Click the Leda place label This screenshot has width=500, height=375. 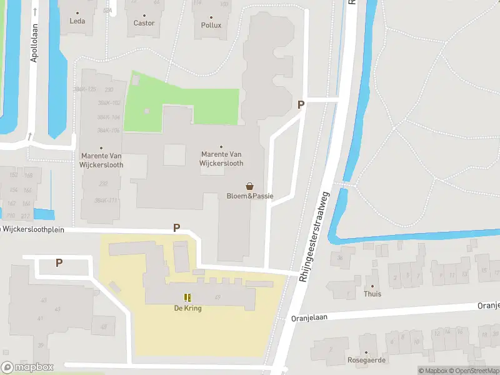coord(77,21)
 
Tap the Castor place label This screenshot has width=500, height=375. coord(144,23)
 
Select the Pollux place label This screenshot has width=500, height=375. coord(211,25)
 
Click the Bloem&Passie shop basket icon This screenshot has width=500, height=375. coord(250,186)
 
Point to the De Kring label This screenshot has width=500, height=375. coord(187,308)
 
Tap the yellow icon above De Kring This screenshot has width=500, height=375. coord(187,297)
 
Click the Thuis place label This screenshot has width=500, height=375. coord(372,294)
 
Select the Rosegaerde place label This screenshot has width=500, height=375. coord(366,360)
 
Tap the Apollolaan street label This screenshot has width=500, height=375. coord(34,43)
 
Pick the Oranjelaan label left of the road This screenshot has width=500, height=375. coord(309,317)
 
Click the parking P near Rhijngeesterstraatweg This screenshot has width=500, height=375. coord(301,105)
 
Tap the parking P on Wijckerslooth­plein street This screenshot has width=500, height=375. coord(176,228)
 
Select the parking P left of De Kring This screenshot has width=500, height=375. coord(59,263)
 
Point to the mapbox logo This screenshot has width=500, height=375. coord(27,367)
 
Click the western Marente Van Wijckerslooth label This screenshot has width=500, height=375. coord(102,160)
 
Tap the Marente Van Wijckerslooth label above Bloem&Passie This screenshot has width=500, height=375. coord(221,158)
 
